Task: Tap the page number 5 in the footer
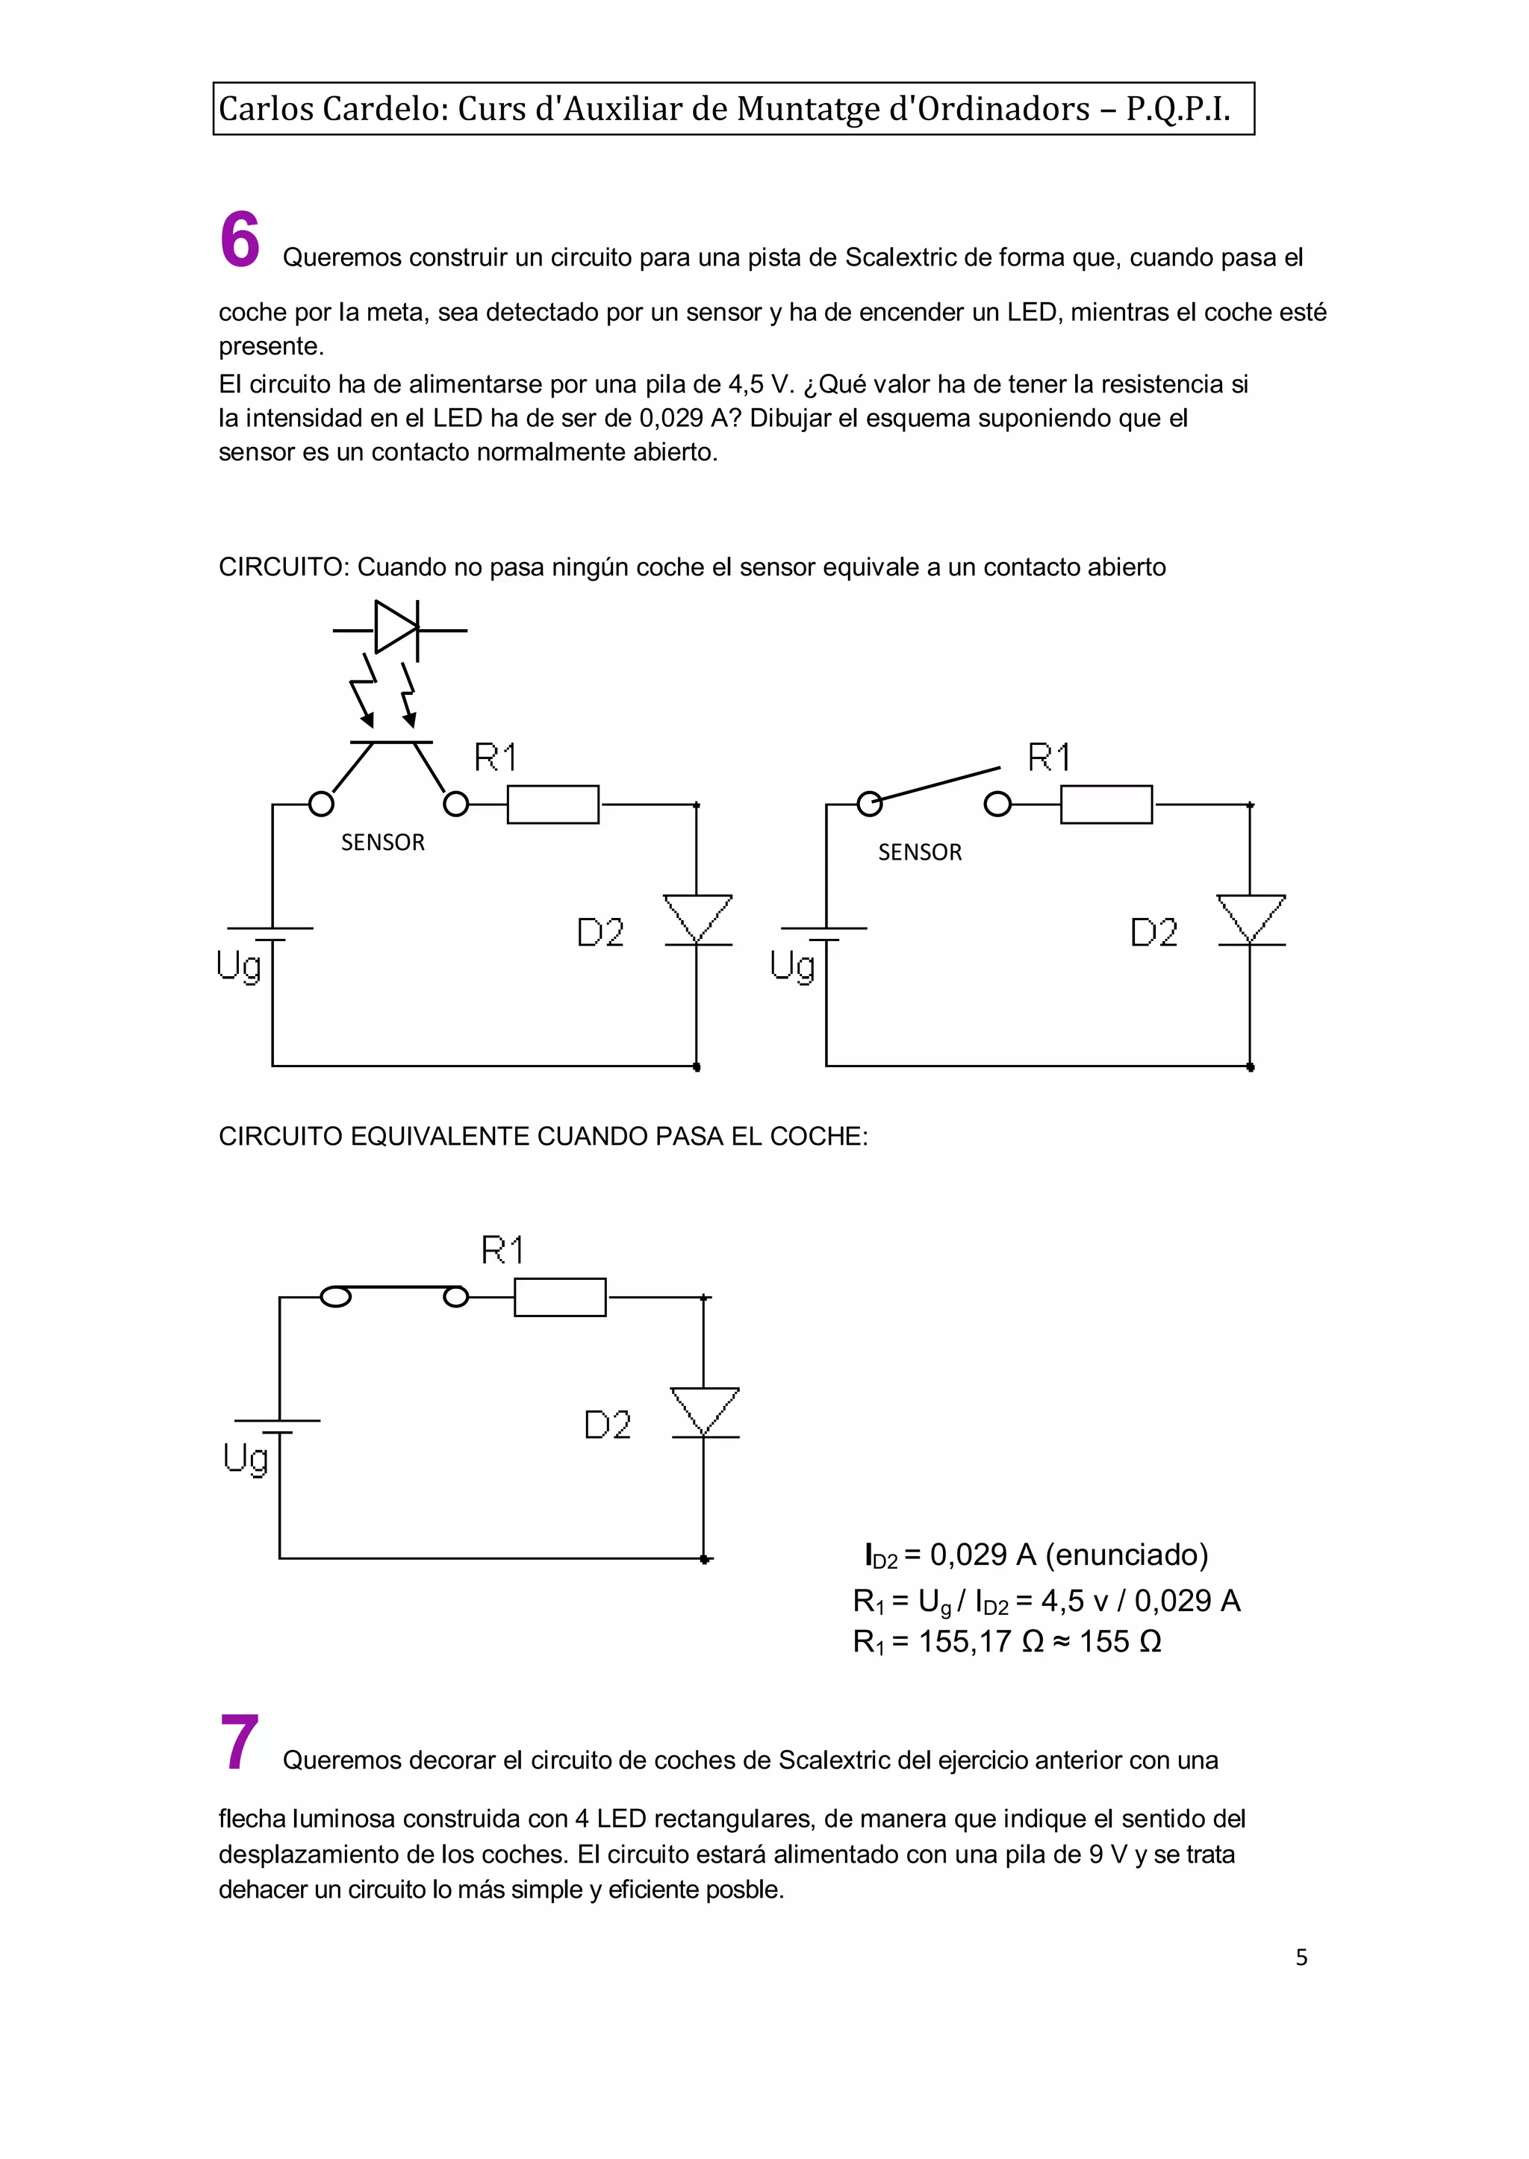pyautogui.click(x=1301, y=1958)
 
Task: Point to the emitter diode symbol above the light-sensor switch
pyautogui.click(x=396, y=628)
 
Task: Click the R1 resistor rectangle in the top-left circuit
pyautogui.click(x=552, y=804)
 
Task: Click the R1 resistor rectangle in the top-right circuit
pyautogui.click(x=1106, y=804)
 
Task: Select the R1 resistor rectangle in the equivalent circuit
pyautogui.click(x=559, y=1298)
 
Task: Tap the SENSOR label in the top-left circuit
pyautogui.click(x=382, y=843)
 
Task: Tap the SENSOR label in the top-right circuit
pyautogui.click(x=920, y=853)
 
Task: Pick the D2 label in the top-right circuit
pyautogui.click(x=1154, y=933)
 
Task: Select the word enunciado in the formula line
pyautogui.click(x=1127, y=1554)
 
